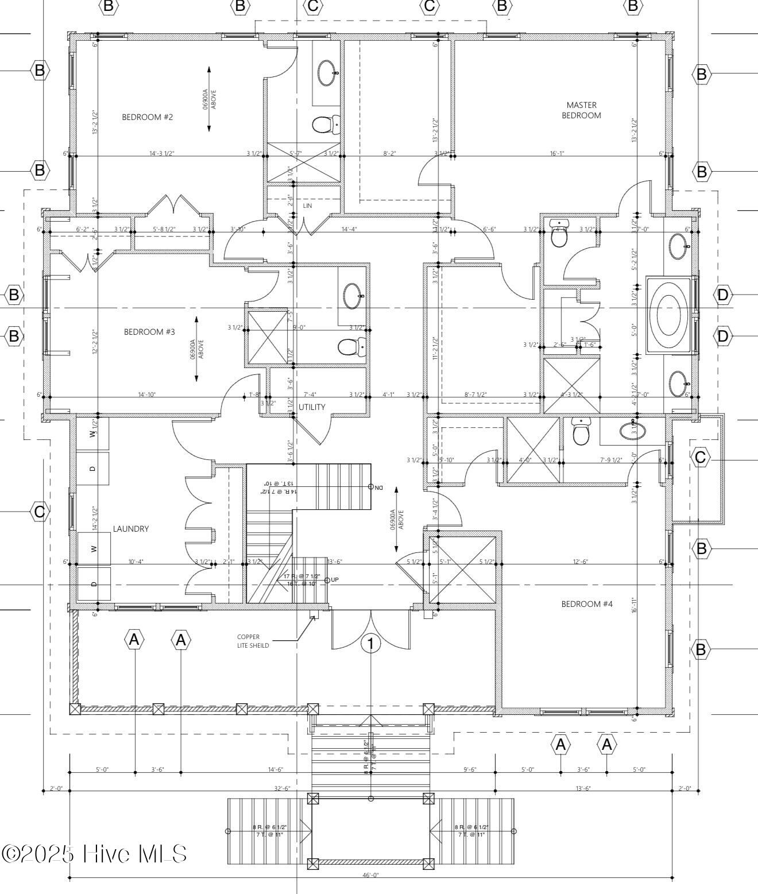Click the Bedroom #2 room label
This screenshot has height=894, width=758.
click(147, 117)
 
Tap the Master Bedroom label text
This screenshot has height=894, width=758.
click(581, 110)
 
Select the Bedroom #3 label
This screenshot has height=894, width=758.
click(149, 332)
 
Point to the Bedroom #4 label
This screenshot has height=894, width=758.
click(587, 603)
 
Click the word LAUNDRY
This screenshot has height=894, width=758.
click(131, 529)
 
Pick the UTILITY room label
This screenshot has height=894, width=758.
click(312, 407)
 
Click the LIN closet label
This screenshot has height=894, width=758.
click(307, 206)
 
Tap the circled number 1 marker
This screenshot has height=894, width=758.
click(370, 644)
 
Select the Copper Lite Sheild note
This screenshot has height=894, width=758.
click(253, 641)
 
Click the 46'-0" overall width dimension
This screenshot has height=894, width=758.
click(370, 876)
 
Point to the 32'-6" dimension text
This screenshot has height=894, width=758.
click(281, 789)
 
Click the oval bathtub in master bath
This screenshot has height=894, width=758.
click(668, 315)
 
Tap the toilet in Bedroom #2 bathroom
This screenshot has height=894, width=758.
click(326, 124)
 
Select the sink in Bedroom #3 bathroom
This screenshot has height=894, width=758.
click(352, 296)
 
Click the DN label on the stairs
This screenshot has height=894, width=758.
click(378, 487)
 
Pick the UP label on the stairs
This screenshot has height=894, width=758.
click(335, 579)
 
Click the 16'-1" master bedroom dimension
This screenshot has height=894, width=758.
click(557, 153)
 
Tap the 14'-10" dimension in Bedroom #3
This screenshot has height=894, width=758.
click(147, 394)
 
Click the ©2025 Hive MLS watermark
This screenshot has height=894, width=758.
click(95, 853)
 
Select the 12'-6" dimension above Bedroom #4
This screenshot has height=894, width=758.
click(580, 562)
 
